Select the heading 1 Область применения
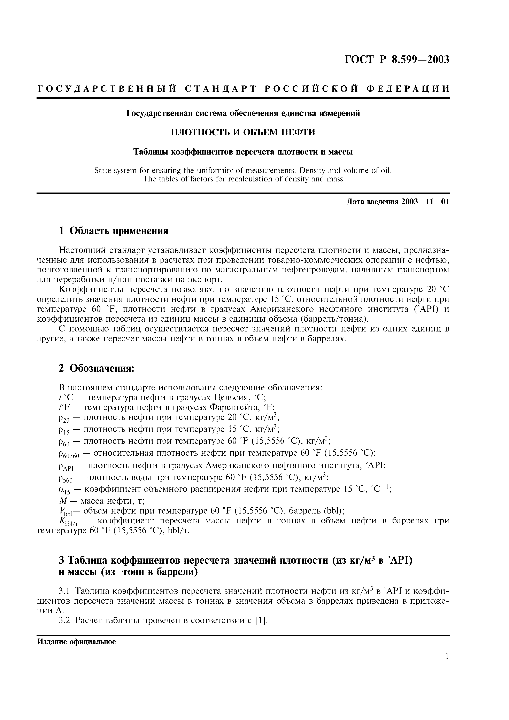tap(114, 231)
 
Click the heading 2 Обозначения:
tap(97, 368)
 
